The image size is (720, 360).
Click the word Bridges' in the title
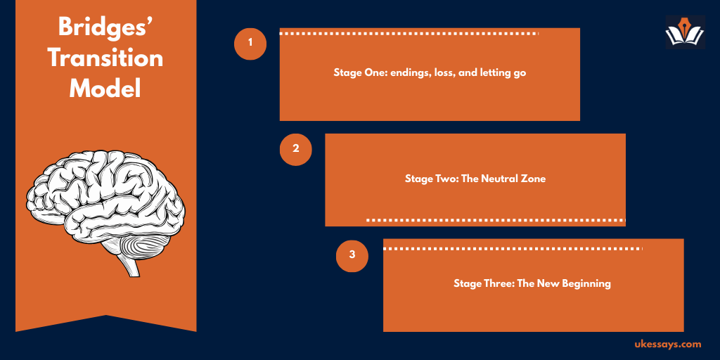105,29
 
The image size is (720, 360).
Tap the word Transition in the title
105,59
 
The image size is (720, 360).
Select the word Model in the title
105,89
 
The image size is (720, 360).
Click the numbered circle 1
250,44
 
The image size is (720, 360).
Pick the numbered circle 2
296,149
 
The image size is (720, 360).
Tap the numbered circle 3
352,255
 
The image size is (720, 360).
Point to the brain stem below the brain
128,265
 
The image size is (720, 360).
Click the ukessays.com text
668,344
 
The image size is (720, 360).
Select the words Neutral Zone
513,179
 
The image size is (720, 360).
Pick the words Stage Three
483,284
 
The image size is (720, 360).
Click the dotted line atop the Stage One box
409,34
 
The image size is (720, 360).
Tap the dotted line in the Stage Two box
496,220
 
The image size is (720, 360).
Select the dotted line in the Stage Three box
513,249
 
